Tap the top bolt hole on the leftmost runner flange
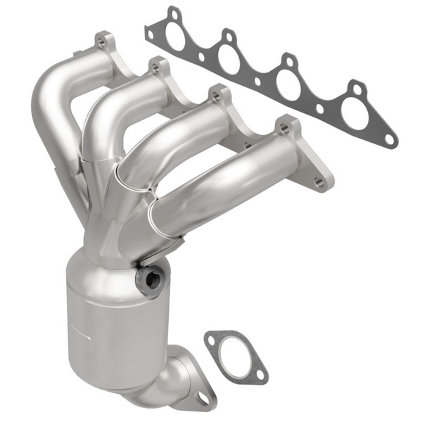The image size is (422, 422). (103, 43)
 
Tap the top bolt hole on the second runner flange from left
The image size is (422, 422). (155, 68)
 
